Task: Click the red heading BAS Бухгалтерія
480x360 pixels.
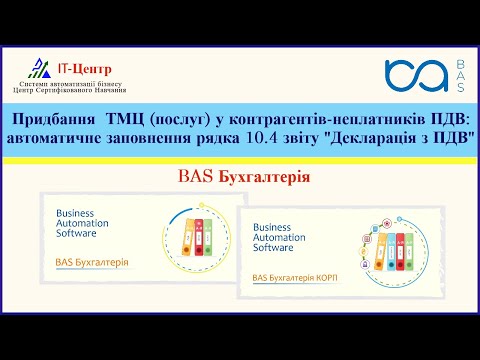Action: [x=240, y=177]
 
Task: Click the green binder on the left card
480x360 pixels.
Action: [x=211, y=239]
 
